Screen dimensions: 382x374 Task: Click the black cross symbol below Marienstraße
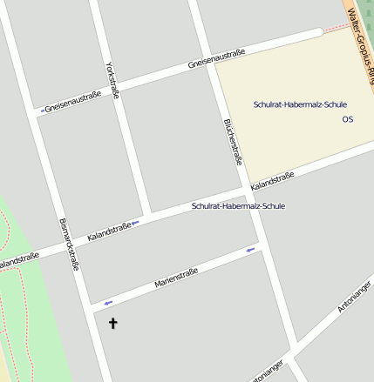(x=112, y=324)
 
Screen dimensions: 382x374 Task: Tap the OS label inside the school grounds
(x=348, y=118)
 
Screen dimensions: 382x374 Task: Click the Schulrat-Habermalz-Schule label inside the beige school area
(x=300, y=104)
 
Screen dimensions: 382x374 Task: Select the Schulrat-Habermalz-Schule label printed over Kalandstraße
(x=238, y=206)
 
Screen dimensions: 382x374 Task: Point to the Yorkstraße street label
(x=111, y=80)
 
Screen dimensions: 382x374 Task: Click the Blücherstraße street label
(x=233, y=142)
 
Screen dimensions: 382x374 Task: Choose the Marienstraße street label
(x=176, y=278)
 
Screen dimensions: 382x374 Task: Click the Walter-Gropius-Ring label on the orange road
(x=359, y=26)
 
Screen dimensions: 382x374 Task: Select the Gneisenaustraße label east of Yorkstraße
(x=216, y=60)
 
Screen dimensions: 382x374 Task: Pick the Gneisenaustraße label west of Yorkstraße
(x=73, y=102)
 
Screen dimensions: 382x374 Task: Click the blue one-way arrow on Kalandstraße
(x=135, y=224)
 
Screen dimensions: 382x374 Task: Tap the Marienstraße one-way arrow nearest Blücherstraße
(x=251, y=251)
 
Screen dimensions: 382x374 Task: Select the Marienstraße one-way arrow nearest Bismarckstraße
(x=108, y=303)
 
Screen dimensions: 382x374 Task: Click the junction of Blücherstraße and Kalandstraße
(x=247, y=190)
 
